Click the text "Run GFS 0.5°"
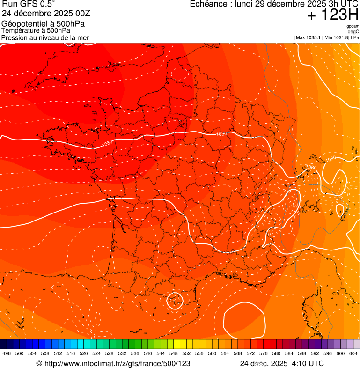coord(28,5)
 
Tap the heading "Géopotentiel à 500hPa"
coord(38,23)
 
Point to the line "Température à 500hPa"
coord(36,30)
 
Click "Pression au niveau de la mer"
coord(45,37)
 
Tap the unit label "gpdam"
coord(353,26)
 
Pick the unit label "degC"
coord(353,31)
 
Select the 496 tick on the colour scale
coord(7,353)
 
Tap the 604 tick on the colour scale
coord(353,353)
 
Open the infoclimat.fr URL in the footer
coord(117,363)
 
